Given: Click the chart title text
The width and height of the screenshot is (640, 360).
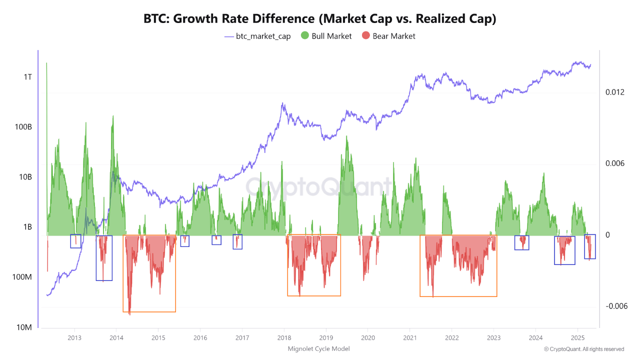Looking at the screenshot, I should tap(320, 18).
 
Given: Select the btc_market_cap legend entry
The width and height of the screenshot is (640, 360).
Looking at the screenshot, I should tap(257, 36).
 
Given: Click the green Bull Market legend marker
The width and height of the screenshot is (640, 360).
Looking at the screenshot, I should tap(304, 36).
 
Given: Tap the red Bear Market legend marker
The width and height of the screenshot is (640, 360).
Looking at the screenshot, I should tap(366, 36).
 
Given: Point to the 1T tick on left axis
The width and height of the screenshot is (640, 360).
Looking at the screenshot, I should tap(27, 77).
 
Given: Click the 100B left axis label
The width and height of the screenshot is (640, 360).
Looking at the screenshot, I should tap(23, 127).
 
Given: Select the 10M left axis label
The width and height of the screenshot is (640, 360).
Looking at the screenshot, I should tap(24, 327).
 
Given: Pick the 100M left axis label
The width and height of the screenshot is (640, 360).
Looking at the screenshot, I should tap(22, 277).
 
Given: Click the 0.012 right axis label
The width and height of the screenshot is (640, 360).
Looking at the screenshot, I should tap(615, 92).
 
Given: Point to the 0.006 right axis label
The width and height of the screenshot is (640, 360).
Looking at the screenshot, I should tap(615, 163).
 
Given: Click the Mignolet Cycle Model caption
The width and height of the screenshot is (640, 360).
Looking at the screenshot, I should tap(318, 348).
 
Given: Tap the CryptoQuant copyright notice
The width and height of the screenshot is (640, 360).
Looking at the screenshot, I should tap(583, 349).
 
